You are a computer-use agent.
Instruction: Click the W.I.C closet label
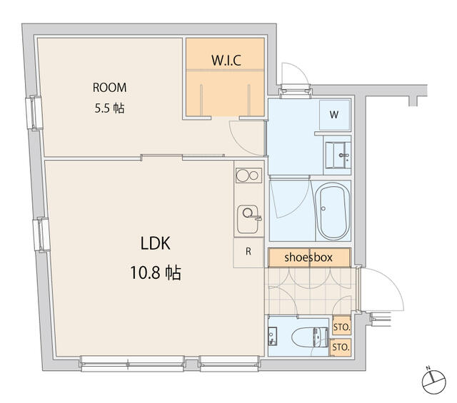[226, 60]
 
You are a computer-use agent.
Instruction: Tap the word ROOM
[109, 88]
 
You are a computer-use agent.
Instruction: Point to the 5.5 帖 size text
[109, 108]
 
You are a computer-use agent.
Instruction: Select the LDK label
[156, 243]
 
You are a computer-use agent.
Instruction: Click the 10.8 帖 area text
[156, 273]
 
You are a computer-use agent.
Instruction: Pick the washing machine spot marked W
[335, 115]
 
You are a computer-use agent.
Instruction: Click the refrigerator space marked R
[248, 252]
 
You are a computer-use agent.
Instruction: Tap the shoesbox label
[308, 257]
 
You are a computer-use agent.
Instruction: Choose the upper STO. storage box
[341, 326]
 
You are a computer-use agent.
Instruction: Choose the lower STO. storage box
[341, 347]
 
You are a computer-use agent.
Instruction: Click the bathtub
[333, 211]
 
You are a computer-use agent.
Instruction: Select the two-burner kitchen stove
[248, 175]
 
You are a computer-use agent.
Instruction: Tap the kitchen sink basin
[248, 219]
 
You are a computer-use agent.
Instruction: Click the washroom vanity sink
[338, 155]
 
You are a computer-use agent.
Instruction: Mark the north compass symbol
[433, 381]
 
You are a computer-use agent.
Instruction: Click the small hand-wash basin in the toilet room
[273, 337]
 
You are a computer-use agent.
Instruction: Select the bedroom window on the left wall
[34, 113]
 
